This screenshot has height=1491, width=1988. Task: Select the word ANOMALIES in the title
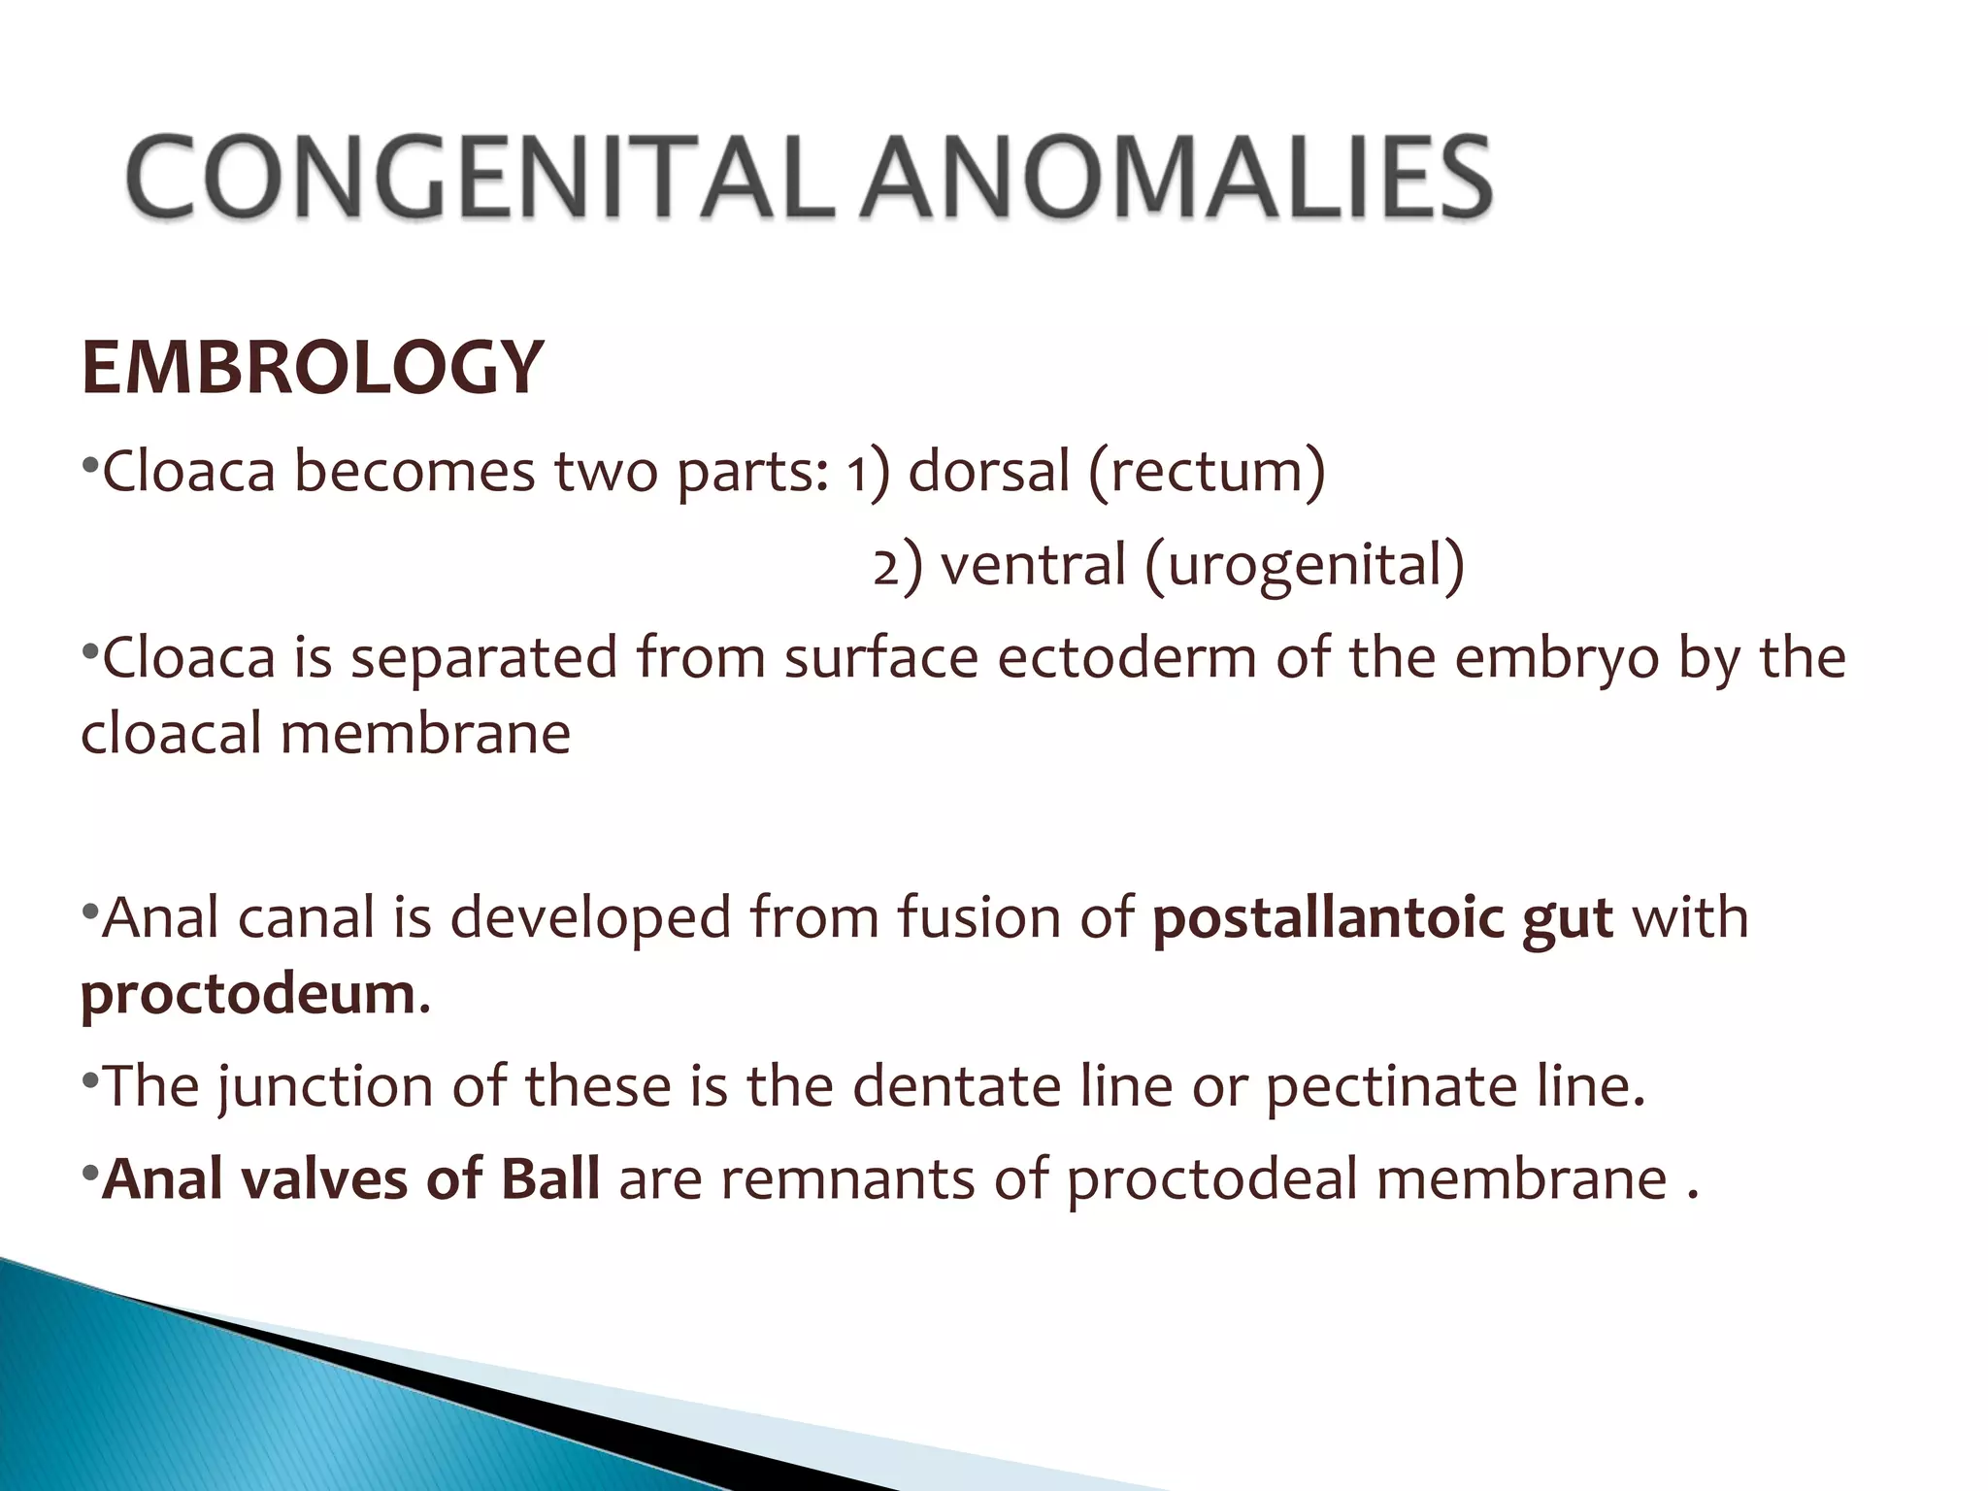click(x=1177, y=177)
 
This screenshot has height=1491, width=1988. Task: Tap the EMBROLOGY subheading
click(x=313, y=368)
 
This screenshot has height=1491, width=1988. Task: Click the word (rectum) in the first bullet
click(x=1207, y=472)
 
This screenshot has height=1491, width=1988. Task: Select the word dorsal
click(x=988, y=472)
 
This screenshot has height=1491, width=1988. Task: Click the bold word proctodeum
click(x=248, y=994)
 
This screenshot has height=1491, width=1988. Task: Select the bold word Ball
click(x=550, y=1179)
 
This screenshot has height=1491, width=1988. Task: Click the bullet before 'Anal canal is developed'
click(x=89, y=912)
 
